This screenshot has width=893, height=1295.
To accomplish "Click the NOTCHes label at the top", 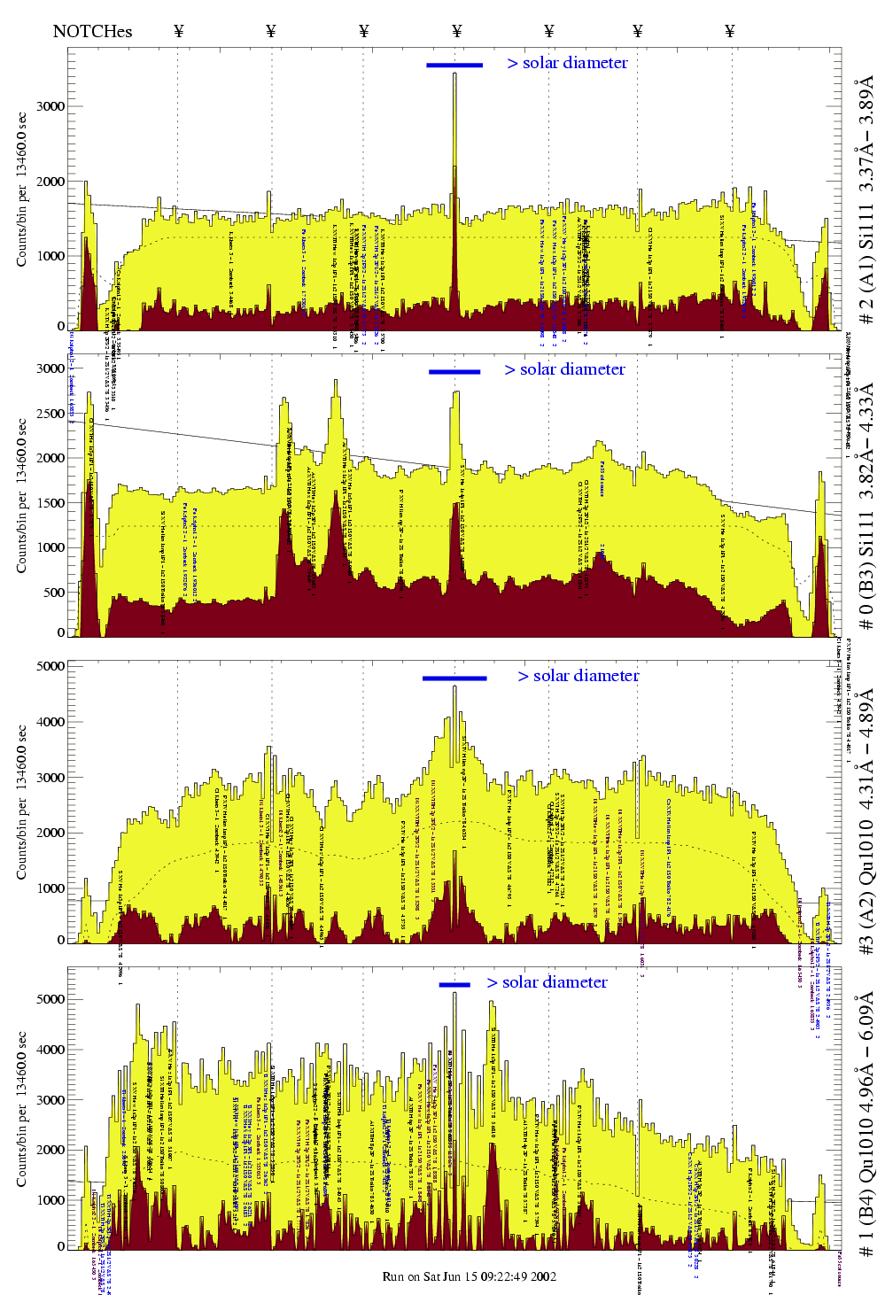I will point(92,32).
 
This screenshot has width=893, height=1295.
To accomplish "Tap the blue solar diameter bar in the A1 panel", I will point(454,65).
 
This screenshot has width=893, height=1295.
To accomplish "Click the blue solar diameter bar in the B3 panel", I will point(454,372).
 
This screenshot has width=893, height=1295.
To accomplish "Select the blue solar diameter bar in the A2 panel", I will point(454,679).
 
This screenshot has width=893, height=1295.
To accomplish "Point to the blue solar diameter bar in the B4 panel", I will point(454,984).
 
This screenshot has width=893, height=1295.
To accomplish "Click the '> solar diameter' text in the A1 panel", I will point(567,63).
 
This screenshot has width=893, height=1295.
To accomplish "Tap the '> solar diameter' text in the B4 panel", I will point(547,982).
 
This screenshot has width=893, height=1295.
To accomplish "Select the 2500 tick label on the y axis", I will point(50,414).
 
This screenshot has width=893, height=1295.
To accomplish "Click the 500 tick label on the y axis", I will point(53,593).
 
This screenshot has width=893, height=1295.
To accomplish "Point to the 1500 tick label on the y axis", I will point(50,503).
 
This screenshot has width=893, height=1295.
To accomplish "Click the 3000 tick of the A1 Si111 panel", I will point(50,106).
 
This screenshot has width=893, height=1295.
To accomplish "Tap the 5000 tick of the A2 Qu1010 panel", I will point(50,666).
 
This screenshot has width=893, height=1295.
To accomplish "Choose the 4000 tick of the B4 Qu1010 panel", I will point(50,1050).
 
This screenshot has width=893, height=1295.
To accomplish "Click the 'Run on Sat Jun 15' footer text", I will point(469,1276).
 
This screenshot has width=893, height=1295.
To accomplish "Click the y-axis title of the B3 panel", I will point(22,496).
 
